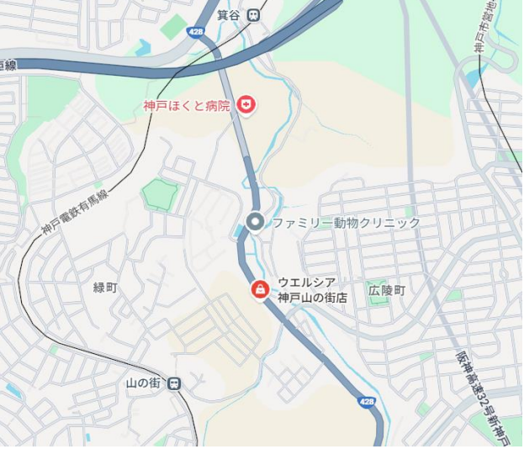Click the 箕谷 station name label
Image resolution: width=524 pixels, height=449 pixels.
229,14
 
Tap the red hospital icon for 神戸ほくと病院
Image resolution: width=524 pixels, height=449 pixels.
247,104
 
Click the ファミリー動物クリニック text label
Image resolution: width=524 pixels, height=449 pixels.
347,223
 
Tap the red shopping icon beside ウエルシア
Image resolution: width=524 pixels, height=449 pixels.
261,290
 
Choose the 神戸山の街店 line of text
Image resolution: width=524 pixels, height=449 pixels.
313,298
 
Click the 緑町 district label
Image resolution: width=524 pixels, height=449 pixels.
105,288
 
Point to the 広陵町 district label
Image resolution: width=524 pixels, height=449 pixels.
387,290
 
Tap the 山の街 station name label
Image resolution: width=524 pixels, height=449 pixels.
143,383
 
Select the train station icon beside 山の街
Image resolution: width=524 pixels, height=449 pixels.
174,383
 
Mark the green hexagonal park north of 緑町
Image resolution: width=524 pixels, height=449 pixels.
158,194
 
